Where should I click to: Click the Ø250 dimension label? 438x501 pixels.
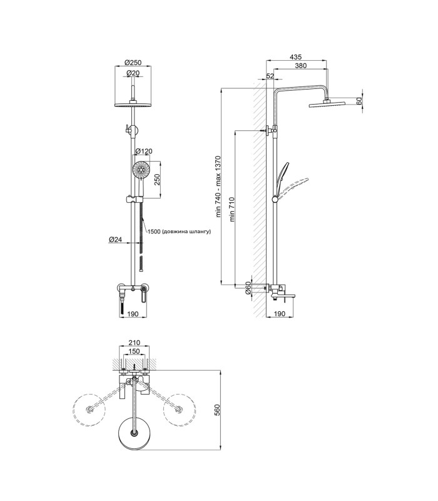click(x=133, y=63)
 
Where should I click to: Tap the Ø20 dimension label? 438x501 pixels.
click(x=133, y=73)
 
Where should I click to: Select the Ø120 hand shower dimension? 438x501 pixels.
click(x=144, y=151)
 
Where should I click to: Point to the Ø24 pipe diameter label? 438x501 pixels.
click(x=115, y=239)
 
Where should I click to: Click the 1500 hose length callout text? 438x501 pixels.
click(x=179, y=231)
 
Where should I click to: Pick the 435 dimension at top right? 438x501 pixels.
click(x=295, y=57)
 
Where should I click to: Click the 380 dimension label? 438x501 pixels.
click(x=301, y=66)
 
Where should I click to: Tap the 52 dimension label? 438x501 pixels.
click(x=270, y=76)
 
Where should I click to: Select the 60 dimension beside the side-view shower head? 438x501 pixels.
click(x=359, y=101)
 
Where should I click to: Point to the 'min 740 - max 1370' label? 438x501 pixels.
click(x=218, y=187)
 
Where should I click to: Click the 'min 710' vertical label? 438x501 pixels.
click(x=232, y=209)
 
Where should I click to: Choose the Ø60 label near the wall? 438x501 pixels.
click(x=248, y=288)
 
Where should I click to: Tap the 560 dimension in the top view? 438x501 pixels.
click(x=216, y=410)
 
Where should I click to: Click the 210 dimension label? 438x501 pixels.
click(x=134, y=343)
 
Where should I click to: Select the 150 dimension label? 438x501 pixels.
click(x=134, y=351)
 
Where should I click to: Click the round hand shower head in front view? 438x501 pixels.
click(x=141, y=169)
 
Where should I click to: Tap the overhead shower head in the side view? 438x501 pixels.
click(x=327, y=104)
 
